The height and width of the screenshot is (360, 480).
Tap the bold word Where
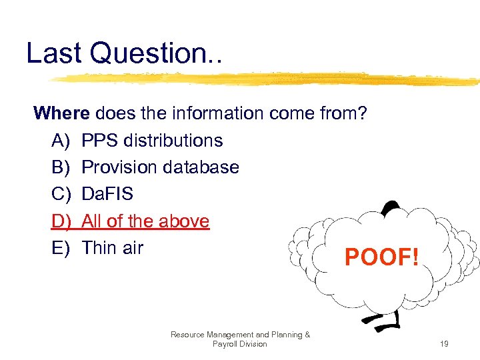point(65,113)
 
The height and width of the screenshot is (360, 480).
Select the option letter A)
point(61,141)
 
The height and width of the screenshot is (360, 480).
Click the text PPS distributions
point(152,141)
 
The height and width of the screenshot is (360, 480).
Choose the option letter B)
point(61,167)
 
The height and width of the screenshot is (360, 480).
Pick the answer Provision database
point(160,167)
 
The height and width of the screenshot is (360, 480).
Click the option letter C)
point(61,194)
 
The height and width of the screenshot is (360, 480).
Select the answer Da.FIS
point(107,194)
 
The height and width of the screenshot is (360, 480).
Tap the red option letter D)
point(61,221)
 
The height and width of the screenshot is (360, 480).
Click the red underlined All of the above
point(145,221)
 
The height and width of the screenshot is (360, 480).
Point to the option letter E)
point(61,248)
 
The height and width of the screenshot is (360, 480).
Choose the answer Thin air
point(112,248)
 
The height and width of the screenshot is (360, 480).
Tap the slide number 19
point(443,344)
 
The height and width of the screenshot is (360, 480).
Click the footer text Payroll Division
point(240,344)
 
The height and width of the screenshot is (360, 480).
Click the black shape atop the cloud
point(389,206)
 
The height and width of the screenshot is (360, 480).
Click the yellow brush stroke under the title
point(267,79)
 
